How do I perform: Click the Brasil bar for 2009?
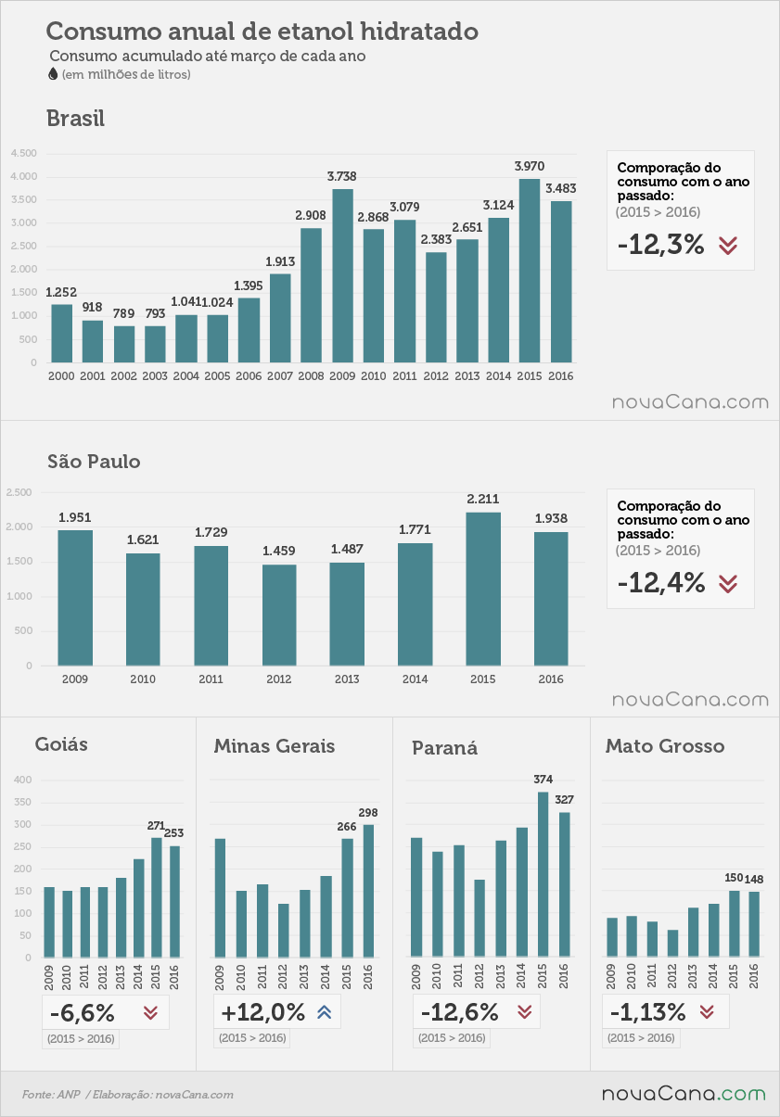click(x=342, y=275)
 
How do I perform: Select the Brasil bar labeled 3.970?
click(x=530, y=271)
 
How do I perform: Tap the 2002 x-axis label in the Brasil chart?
click(x=123, y=376)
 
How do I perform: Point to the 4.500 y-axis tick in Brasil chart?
click(x=24, y=153)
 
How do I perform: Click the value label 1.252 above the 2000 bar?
click(x=61, y=292)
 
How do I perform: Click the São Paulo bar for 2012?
click(x=279, y=615)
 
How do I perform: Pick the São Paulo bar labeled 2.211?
click(x=483, y=589)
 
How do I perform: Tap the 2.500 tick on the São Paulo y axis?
click(x=19, y=492)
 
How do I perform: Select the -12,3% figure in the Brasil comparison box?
click(x=660, y=245)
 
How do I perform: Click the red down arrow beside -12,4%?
click(x=728, y=584)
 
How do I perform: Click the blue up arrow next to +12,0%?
click(x=325, y=1011)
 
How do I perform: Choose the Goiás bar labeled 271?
click(x=156, y=897)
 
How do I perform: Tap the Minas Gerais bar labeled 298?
click(x=368, y=891)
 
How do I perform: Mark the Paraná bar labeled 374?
click(x=543, y=874)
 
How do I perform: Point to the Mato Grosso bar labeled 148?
click(x=754, y=924)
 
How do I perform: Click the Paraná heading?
click(x=444, y=748)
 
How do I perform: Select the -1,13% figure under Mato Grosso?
click(x=647, y=1012)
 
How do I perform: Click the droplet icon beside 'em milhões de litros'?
click(x=52, y=74)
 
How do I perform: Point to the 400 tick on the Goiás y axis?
click(x=22, y=780)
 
